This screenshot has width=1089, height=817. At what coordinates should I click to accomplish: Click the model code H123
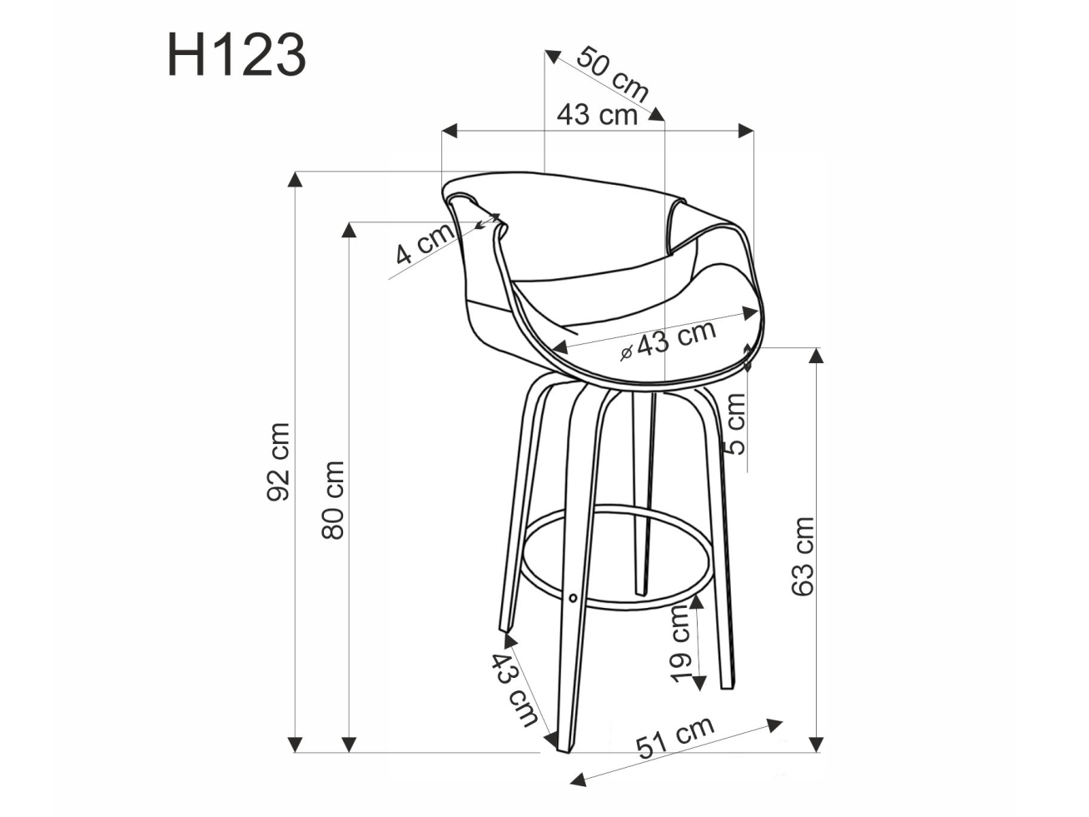[236, 57]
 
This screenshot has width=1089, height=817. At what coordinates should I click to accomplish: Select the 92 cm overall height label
[278, 462]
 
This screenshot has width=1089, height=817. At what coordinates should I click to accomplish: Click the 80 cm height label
[333, 500]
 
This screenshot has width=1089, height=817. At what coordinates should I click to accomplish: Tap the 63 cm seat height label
[803, 556]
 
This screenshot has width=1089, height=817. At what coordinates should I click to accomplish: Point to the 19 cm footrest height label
[680, 643]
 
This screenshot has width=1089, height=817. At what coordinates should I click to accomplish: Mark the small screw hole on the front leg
[574, 597]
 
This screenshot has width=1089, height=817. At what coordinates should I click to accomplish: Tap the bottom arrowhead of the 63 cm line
[817, 742]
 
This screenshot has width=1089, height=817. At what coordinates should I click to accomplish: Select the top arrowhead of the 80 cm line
[350, 229]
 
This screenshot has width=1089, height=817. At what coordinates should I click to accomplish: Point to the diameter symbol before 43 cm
[627, 352]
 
